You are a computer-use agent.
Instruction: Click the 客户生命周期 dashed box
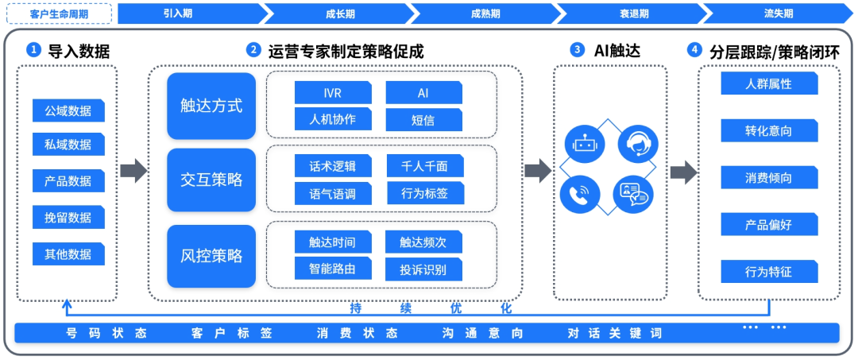coord(59,14)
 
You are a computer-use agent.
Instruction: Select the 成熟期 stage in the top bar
coord(485,14)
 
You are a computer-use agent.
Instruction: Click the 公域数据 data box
coord(68,110)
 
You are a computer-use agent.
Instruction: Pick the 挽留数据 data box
coord(68,217)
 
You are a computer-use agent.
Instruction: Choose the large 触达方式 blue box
coord(211,106)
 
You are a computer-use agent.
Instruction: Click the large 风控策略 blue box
coord(211,256)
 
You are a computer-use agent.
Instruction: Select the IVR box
coord(332,93)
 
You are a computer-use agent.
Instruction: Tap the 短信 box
coord(423,120)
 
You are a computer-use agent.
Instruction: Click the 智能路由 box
coord(332,269)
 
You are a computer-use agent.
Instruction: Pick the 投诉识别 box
coord(423,269)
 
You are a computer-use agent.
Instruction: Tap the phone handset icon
coord(580,193)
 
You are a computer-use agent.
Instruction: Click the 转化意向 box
coord(768,130)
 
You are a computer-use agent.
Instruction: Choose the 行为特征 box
coord(768,272)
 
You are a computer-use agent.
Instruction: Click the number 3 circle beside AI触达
coord(577,49)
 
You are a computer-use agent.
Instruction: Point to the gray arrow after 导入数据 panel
coord(133,170)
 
